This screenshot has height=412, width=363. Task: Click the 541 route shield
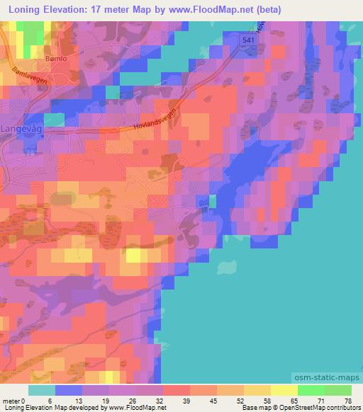(246, 42)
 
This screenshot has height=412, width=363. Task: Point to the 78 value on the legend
(347, 401)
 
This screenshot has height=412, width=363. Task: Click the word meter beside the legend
(11, 401)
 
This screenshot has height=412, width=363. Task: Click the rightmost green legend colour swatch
(338, 390)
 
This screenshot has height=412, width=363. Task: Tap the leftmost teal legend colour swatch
(42, 390)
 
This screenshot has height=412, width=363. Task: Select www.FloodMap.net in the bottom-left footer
(142, 408)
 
